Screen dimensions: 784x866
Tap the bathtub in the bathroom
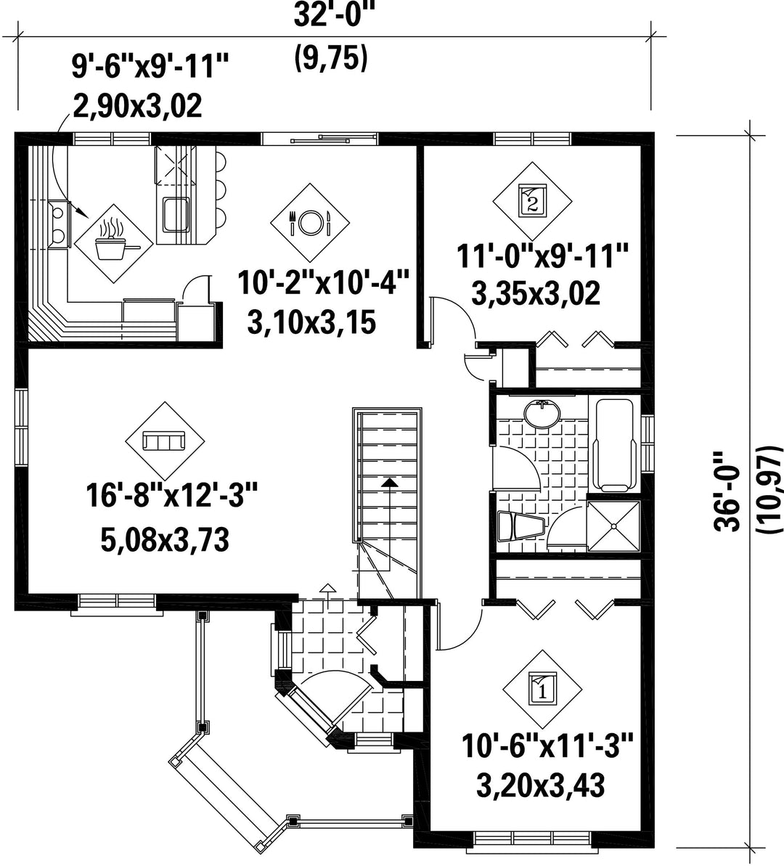click(x=613, y=444)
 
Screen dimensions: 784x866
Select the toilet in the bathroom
click(x=520, y=526)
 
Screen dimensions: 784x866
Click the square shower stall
click(x=613, y=526)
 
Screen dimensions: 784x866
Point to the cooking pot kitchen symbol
click(x=115, y=244)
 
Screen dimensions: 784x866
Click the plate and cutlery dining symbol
click(x=309, y=222)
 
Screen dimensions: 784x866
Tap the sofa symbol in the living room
click(x=164, y=441)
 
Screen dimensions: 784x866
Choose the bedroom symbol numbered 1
click(x=542, y=689)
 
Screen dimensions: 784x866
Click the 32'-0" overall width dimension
click(x=330, y=15)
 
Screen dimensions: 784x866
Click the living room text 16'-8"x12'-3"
click(x=171, y=495)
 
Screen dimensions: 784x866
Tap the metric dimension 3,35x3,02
click(x=536, y=293)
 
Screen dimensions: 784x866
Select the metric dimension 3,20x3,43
click(x=540, y=785)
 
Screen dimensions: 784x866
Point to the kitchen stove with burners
click(x=58, y=223)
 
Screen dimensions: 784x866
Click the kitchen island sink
click(x=176, y=213)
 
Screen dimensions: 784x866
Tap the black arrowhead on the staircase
click(x=391, y=481)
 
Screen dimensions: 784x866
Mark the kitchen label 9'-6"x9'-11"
click(x=150, y=67)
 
